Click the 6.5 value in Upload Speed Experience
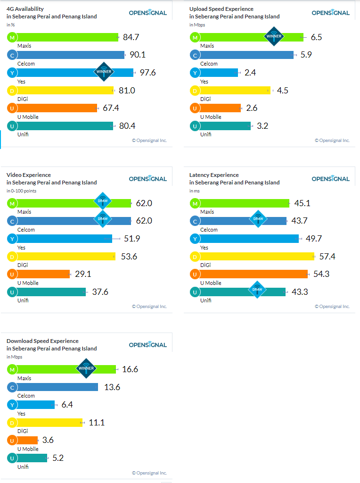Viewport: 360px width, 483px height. [317, 37]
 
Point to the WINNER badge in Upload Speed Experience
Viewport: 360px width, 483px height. [274, 36]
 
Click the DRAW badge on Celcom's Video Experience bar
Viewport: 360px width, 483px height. [103, 219]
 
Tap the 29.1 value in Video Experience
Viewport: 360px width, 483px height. [83, 274]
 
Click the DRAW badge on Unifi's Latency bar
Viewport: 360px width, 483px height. [257, 290]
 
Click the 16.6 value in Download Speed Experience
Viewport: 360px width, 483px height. [130, 369]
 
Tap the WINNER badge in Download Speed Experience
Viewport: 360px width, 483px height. [86, 368]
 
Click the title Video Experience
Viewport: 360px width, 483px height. [29, 175]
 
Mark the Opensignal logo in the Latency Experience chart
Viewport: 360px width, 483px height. [330, 179]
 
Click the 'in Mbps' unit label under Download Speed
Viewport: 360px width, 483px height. [14, 357]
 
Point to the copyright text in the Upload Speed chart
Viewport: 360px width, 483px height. [332, 140]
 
